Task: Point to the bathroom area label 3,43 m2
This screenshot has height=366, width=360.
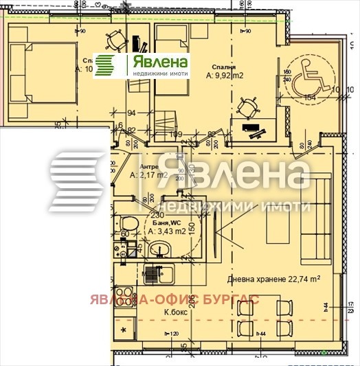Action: tap(168, 231)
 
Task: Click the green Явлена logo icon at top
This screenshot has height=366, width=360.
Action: tap(105, 65)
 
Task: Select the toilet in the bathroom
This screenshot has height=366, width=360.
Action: tap(126, 224)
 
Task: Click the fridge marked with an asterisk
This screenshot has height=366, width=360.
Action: tap(124, 331)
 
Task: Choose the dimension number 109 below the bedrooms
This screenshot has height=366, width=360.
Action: tap(177, 134)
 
